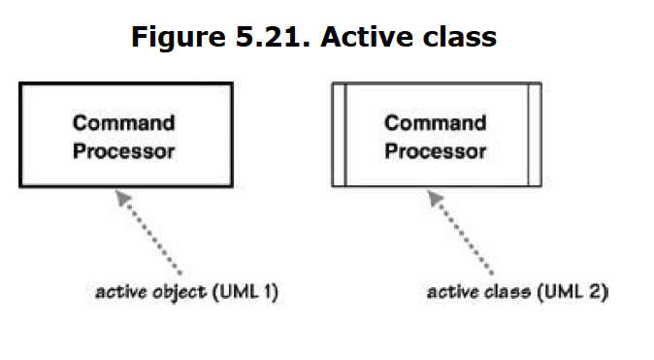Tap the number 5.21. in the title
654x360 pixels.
click(269, 37)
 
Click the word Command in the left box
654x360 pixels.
click(124, 123)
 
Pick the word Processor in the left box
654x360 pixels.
click(124, 151)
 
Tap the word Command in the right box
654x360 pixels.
click(436, 123)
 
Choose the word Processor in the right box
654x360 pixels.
click(436, 151)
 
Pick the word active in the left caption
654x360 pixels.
click(119, 291)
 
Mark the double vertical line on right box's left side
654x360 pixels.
click(339, 135)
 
